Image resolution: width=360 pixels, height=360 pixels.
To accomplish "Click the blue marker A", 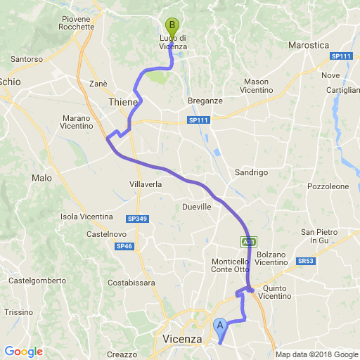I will point(220,326).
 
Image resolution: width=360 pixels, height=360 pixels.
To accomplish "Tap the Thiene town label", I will point(124,103).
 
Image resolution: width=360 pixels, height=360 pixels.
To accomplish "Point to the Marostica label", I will point(309,46).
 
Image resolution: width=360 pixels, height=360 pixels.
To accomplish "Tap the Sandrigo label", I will point(251,172).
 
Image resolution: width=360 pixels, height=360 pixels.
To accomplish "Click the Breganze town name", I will point(205,101).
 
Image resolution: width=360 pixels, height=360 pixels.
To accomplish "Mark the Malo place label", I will point(41,178).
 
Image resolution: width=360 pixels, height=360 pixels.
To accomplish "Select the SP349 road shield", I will point(137,219).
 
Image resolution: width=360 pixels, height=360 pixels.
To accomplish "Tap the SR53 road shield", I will point(305,260).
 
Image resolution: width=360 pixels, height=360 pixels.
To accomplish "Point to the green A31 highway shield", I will point(248,241).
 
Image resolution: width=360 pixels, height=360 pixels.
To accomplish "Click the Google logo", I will point(23,351).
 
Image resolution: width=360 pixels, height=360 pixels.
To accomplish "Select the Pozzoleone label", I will point(328,186).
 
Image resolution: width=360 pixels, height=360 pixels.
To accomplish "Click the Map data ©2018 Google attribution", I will point(316,354).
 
